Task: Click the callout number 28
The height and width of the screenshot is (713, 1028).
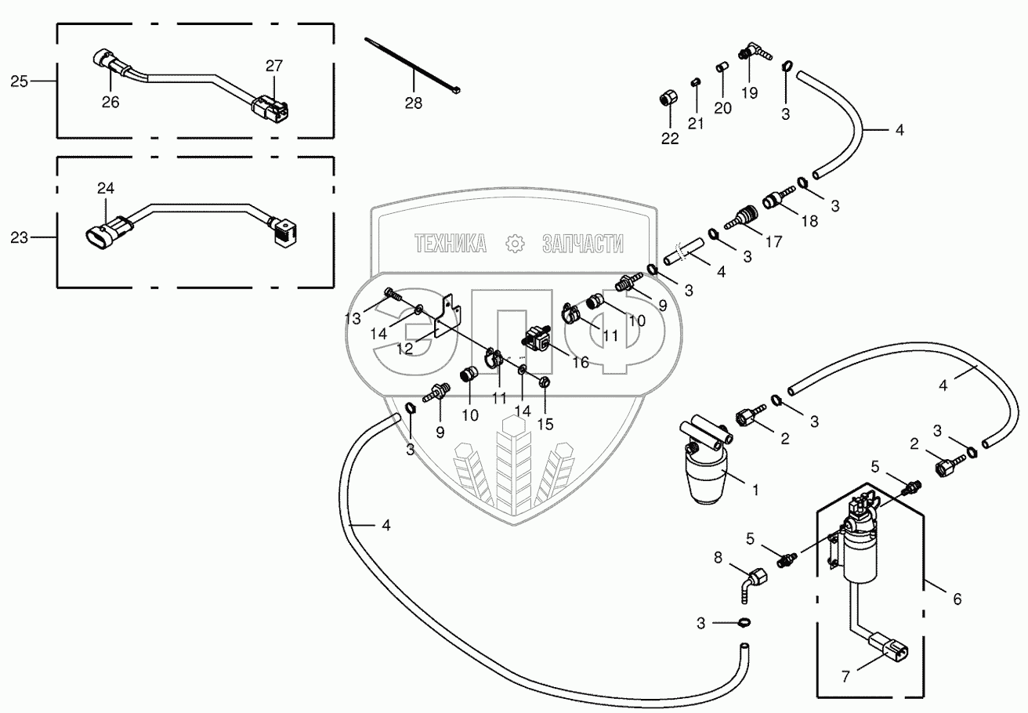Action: (x=414, y=103)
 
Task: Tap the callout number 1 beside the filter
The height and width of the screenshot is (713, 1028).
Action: (x=755, y=490)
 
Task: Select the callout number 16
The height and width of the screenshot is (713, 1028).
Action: (x=580, y=362)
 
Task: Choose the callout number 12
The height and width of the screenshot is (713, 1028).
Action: (x=404, y=349)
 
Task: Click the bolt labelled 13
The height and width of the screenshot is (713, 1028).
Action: (x=393, y=296)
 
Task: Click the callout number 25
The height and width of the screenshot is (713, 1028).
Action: (x=20, y=81)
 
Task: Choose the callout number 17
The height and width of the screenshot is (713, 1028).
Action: (x=773, y=242)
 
